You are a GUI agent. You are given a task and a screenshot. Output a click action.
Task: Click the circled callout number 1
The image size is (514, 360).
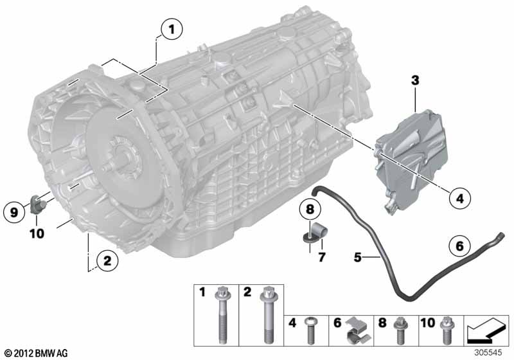tap(172, 30)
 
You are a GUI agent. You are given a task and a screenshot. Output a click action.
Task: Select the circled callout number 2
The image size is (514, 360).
tap(107, 261)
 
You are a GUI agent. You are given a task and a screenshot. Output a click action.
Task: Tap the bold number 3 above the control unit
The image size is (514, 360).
tap(415, 80)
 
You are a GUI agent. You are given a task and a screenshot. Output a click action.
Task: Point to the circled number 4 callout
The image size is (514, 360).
tap(460, 198)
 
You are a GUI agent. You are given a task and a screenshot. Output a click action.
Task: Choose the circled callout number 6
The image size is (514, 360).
tap(459, 246)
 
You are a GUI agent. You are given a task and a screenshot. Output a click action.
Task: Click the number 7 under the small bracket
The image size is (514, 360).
tap(322, 257)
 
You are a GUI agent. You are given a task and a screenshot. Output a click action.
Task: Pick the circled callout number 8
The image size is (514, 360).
tap(310, 209)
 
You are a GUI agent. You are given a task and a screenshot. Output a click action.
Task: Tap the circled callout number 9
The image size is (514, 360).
tap(14, 213)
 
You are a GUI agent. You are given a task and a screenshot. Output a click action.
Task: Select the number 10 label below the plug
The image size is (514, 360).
tap(37, 234)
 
